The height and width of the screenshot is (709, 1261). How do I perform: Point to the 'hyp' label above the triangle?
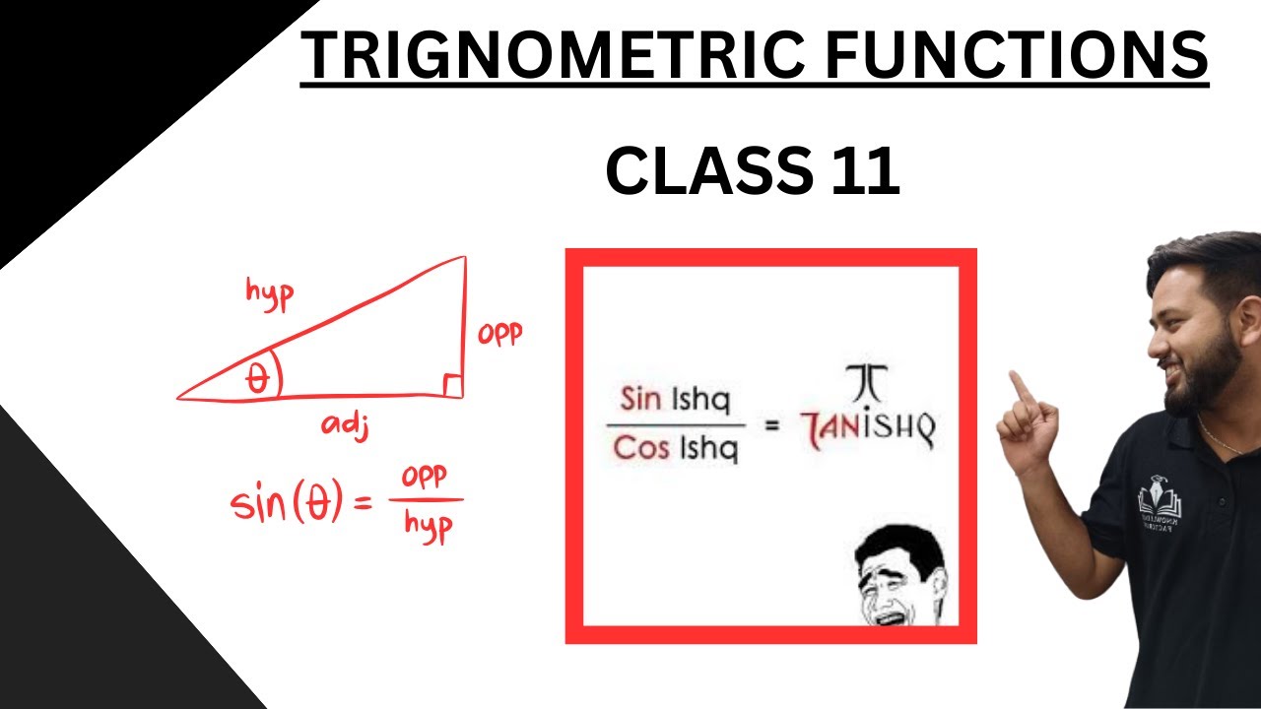click(x=268, y=293)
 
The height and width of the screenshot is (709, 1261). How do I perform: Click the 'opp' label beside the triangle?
click(x=499, y=335)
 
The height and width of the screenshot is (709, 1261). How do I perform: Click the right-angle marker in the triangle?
click(x=452, y=386)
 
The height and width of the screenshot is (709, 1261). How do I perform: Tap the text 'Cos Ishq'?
click(x=676, y=449)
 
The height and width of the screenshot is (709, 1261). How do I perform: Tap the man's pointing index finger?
click(x=1022, y=387)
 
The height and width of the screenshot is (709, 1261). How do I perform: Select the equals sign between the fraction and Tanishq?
click(x=772, y=426)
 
